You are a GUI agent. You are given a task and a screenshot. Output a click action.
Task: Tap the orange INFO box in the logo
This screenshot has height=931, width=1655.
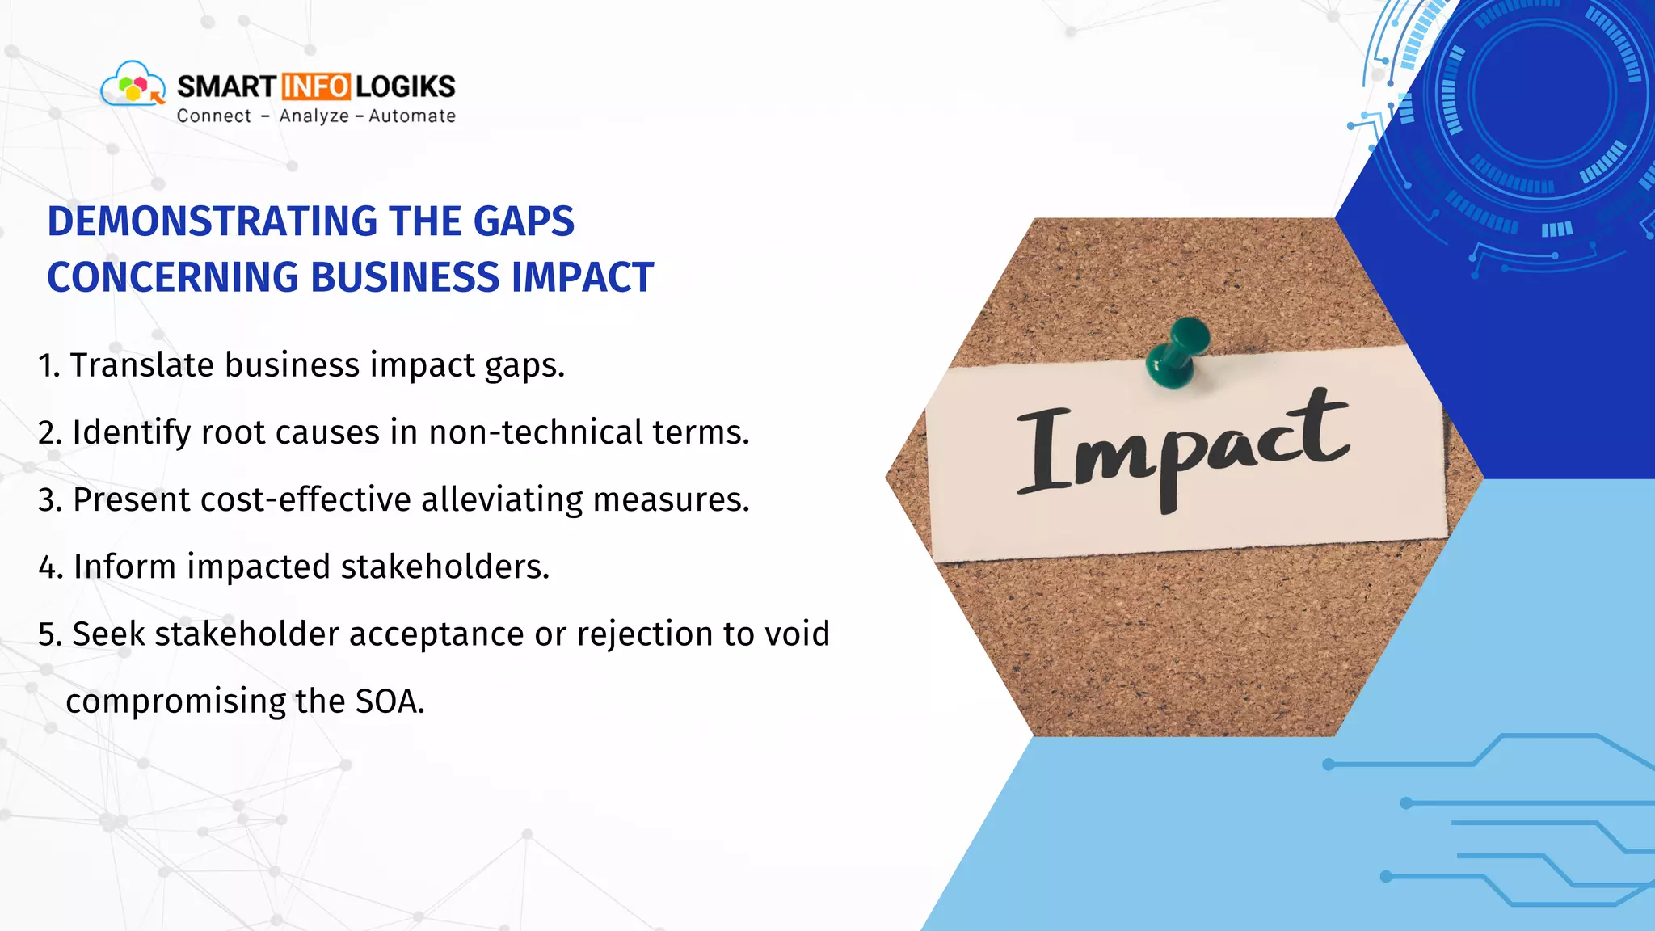[316, 86]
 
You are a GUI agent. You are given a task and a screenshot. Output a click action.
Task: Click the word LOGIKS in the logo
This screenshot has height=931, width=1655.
[406, 86]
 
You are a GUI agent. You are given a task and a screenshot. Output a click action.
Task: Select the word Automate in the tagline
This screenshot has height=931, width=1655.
[412, 116]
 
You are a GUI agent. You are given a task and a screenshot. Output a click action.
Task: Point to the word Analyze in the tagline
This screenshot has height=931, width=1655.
[314, 116]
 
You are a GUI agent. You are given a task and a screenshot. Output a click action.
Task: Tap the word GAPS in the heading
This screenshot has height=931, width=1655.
[524, 221]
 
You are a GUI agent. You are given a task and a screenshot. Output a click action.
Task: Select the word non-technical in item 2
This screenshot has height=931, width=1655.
[535, 432]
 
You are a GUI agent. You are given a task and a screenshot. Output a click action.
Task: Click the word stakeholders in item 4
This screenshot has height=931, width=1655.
[444, 567]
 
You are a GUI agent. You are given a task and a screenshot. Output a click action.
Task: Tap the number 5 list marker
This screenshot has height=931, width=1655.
[48, 634]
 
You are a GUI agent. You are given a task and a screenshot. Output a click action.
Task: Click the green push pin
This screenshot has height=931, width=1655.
[1175, 352]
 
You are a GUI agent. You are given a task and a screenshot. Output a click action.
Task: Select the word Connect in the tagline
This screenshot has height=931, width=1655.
[214, 116]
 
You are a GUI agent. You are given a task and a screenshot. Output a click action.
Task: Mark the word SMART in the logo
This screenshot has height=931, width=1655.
[226, 86]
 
